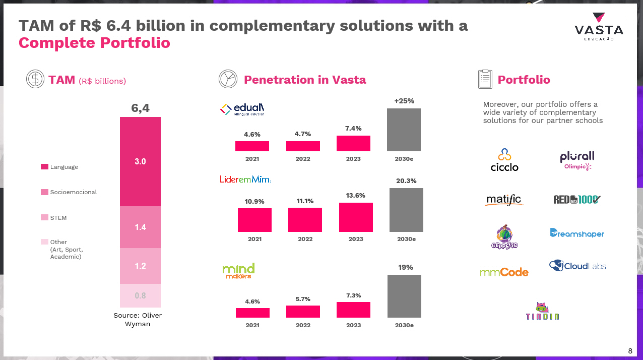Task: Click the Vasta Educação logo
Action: [599, 27]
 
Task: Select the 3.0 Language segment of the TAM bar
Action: [140, 161]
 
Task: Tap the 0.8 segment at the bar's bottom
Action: [140, 295]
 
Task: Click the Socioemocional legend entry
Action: [69, 192]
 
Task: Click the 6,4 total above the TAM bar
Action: [140, 108]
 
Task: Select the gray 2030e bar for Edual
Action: [404, 130]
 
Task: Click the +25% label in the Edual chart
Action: [404, 101]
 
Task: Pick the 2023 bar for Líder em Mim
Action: [356, 217]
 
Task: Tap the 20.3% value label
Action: [406, 181]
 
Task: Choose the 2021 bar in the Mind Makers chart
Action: [252, 313]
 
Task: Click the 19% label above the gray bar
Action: [406, 267]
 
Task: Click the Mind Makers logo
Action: [238, 271]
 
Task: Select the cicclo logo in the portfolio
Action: [504, 160]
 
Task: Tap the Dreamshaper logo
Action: [577, 233]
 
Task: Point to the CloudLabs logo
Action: [577, 266]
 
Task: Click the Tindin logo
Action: [542, 311]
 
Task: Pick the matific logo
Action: [504, 200]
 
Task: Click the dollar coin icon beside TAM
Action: [35, 79]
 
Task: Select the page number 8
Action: [630, 351]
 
